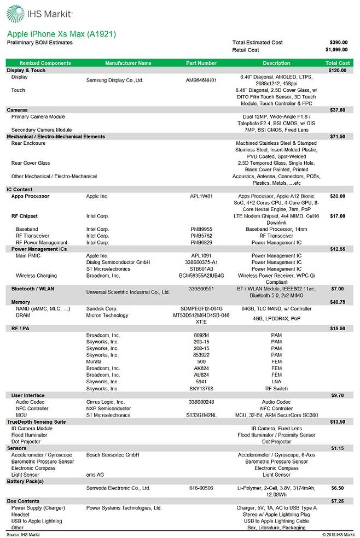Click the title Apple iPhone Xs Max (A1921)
61,34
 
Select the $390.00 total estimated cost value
338,42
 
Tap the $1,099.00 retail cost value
336,50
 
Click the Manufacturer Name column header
128,63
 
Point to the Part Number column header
201,63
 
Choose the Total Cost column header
337,63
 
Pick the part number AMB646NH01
201,80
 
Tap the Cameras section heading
17,110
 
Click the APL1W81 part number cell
201,196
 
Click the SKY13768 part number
201,388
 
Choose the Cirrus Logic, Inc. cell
106,402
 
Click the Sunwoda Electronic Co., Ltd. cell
118,488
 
